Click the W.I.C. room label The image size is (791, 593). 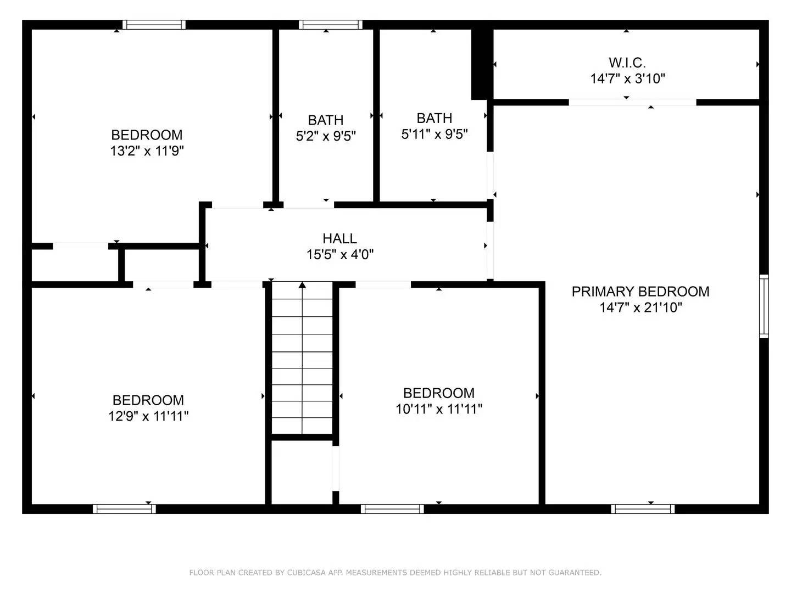(627, 63)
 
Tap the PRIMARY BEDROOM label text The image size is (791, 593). (640, 292)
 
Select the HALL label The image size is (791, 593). (339, 238)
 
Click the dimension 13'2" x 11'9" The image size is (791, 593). (147, 151)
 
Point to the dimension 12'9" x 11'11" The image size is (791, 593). (148, 416)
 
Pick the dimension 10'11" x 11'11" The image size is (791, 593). (439, 409)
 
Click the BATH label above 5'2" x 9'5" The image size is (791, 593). (326, 120)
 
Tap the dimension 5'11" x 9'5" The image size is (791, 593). (435, 134)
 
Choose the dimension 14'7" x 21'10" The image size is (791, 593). (640, 307)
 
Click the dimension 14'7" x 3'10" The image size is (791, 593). (627, 79)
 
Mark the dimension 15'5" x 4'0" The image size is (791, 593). (340, 254)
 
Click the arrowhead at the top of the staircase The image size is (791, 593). (302, 285)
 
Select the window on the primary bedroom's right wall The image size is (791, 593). (764, 306)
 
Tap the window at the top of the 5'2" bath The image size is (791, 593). (331, 25)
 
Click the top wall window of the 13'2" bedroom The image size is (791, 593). (154, 25)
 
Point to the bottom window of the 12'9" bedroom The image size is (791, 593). (124, 509)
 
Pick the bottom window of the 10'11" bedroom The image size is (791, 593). (392, 509)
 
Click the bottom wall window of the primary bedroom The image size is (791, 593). (643, 509)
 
